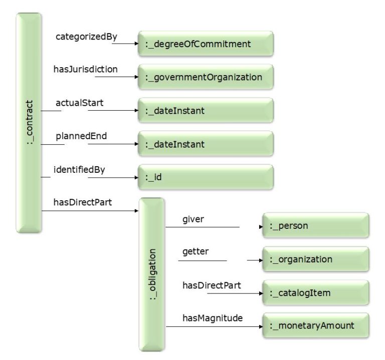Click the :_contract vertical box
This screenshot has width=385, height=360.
(28, 123)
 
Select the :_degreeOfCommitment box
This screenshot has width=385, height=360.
(206, 44)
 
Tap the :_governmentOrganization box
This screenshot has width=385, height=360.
(206, 77)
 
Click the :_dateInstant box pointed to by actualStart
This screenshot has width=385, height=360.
(206, 111)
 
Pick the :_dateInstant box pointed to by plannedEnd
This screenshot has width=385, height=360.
(206, 144)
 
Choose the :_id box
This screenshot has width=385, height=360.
(206, 177)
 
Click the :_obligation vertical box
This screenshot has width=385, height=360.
(152, 274)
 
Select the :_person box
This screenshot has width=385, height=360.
(316, 226)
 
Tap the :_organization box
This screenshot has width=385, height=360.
(316, 259)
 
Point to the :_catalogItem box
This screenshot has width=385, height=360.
(316, 293)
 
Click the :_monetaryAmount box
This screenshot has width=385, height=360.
(316, 326)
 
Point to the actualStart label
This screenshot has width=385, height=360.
(79, 103)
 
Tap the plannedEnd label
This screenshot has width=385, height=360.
(80, 136)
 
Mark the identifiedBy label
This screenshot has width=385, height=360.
(79, 169)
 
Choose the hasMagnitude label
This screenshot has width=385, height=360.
(212, 318)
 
